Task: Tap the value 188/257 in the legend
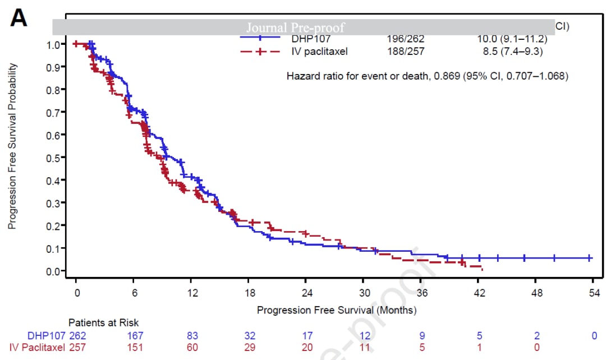tap(406, 52)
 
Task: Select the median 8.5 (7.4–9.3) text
tap(508, 52)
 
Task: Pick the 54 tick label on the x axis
tap(594, 293)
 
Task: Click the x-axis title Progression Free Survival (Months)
tap(337, 310)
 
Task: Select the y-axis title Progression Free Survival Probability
tap(12, 146)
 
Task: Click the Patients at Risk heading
tap(104, 323)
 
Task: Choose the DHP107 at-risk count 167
tap(135, 335)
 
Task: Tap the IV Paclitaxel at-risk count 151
tap(135, 348)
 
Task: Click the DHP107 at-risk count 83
tap(192, 335)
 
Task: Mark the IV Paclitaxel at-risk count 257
tap(77, 348)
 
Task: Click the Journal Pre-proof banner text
tap(296, 27)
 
